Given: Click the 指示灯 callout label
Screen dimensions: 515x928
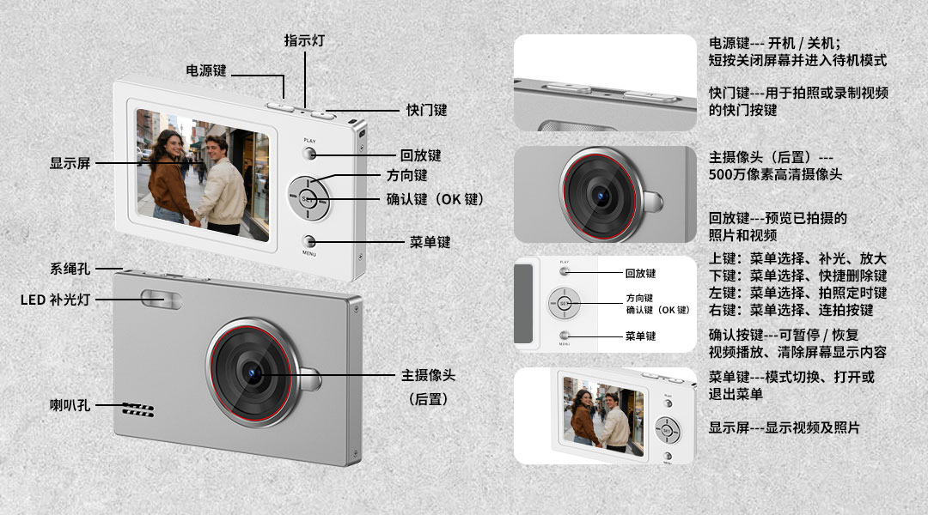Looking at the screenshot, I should click(304, 40).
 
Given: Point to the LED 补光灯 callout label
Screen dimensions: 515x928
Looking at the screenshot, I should click(55, 300).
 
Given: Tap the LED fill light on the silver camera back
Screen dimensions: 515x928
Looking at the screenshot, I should click(162, 299).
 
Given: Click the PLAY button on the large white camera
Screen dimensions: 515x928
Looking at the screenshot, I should click(310, 154).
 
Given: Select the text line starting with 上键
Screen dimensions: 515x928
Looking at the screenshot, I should click(797, 258).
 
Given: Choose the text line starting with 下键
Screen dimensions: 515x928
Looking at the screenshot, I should click(797, 276).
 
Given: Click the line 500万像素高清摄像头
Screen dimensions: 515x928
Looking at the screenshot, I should click(775, 175).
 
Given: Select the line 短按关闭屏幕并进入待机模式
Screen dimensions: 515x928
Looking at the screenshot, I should click(797, 60).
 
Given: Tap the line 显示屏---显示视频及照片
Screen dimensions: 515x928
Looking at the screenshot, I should click(784, 427).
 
